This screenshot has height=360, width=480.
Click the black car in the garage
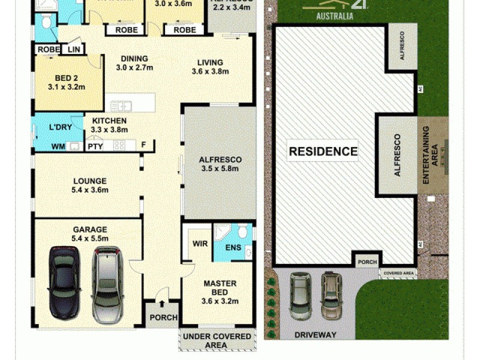pyautogui.click(x=64, y=282)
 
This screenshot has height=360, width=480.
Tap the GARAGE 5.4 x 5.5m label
pyautogui.click(x=90, y=233)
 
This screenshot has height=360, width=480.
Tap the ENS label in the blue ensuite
pyautogui.click(x=232, y=247)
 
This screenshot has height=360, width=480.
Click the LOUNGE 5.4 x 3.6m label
pyautogui.click(x=90, y=185)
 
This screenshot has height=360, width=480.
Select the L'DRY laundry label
pyautogui.click(x=60, y=128)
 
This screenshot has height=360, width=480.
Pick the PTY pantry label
pyautogui.click(x=95, y=146)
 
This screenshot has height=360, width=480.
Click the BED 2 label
pyautogui.click(x=67, y=82)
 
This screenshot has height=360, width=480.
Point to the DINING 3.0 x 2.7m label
pyautogui.click(x=134, y=63)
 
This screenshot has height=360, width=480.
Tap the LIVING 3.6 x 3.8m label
pyautogui.click(x=207, y=67)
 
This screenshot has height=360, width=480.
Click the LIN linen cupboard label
pyautogui.click(x=74, y=49)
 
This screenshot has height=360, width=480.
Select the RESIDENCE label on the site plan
pyautogui.click(x=323, y=152)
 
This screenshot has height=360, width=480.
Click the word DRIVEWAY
pyautogui.click(x=315, y=335)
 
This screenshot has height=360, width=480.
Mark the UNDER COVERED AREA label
pyautogui.click(x=217, y=340)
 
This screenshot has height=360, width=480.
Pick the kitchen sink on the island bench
pyautogui.click(x=121, y=106)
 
